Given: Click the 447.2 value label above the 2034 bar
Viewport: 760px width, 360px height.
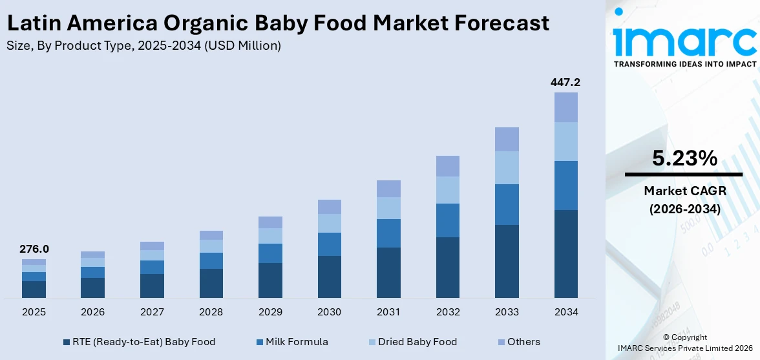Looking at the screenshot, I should click(x=565, y=82).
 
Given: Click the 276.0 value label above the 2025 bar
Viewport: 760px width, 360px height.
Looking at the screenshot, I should click(x=34, y=249).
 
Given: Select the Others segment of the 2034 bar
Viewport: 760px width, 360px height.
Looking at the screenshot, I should click(x=566, y=107).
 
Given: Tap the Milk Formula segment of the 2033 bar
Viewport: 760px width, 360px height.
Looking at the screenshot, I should click(x=507, y=204).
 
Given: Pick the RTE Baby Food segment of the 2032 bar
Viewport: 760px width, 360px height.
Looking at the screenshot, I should click(x=448, y=267).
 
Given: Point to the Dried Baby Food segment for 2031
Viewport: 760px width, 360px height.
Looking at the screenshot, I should click(x=388, y=208).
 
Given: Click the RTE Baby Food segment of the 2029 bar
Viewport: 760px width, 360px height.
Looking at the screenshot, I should click(x=270, y=280).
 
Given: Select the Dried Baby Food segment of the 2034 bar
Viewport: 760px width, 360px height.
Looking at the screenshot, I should click(x=566, y=142).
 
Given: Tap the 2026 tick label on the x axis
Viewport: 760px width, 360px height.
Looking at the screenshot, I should click(x=93, y=312).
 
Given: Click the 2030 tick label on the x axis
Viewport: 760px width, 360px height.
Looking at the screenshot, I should click(x=330, y=312).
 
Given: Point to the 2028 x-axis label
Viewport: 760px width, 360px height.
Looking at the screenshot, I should click(x=211, y=312).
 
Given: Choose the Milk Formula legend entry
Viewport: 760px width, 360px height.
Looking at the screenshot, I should click(x=295, y=342).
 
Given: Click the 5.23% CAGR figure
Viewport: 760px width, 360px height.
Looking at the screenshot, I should click(x=684, y=158).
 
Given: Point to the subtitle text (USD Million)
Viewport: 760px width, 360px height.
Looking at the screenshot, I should click(x=242, y=46).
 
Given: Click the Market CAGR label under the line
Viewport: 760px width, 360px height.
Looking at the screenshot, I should click(x=684, y=191).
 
